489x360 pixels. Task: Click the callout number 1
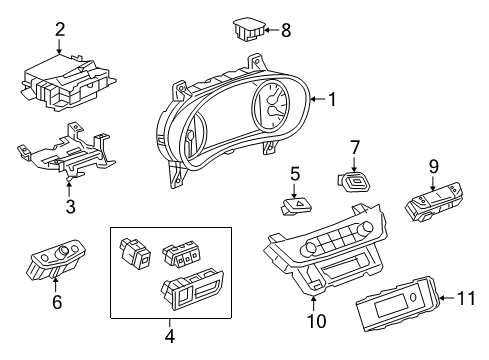pyautogui.click(x=332, y=98)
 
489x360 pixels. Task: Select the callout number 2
pyautogui.click(x=59, y=30)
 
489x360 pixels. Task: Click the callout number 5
pyautogui.click(x=295, y=173)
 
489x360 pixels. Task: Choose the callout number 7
pyautogui.click(x=354, y=148)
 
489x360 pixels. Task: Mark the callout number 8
pyautogui.click(x=286, y=30)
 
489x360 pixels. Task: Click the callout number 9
pyautogui.click(x=434, y=166)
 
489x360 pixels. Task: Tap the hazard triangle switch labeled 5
pyautogui.click(x=296, y=203)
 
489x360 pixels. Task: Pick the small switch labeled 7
pyautogui.click(x=353, y=180)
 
